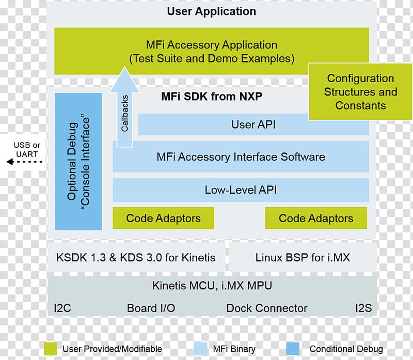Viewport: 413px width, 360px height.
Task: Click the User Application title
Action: click(x=211, y=11)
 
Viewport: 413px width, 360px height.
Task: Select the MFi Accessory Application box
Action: click(x=211, y=51)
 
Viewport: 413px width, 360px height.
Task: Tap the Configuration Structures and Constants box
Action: click(x=360, y=92)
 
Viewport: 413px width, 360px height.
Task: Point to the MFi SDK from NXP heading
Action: click(x=212, y=97)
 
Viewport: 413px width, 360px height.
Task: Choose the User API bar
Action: click(x=253, y=124)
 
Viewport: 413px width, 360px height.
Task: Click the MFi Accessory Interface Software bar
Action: click(x=241, y=156)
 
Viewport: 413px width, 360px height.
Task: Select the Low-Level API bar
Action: click(x=241, y=190)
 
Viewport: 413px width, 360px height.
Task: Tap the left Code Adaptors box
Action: click(x=163, y=218)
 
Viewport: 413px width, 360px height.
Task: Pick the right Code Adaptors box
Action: click(x=316, y=218)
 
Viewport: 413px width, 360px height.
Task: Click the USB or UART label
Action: click(x=26, y=150)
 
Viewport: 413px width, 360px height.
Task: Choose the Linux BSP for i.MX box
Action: click(x=303, y=257)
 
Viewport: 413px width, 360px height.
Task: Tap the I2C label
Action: click(x=62, y=308)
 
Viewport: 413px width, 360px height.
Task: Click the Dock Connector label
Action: click(x=266, y=308)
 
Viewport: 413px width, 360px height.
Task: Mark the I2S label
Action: click(x=363, y=308)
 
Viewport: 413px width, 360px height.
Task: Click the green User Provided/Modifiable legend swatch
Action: click(x=50, y=348)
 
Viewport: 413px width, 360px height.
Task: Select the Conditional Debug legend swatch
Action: click(x=292, y=348)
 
